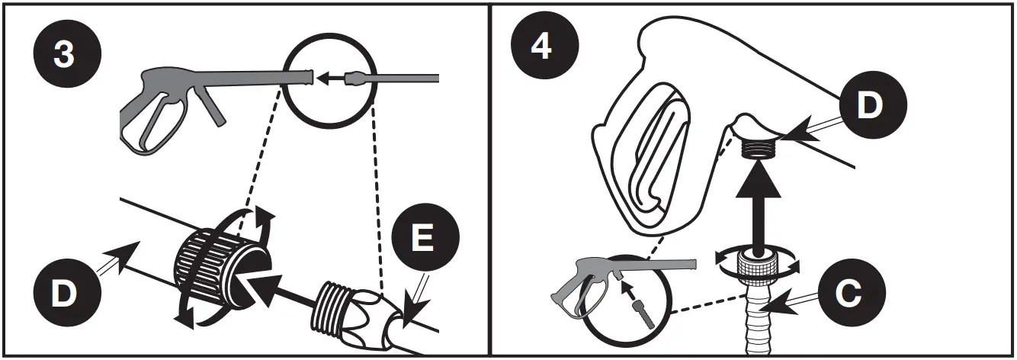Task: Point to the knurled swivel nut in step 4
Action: click(x=758, y=266)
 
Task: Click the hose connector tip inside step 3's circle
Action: click(x=356, y=78)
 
